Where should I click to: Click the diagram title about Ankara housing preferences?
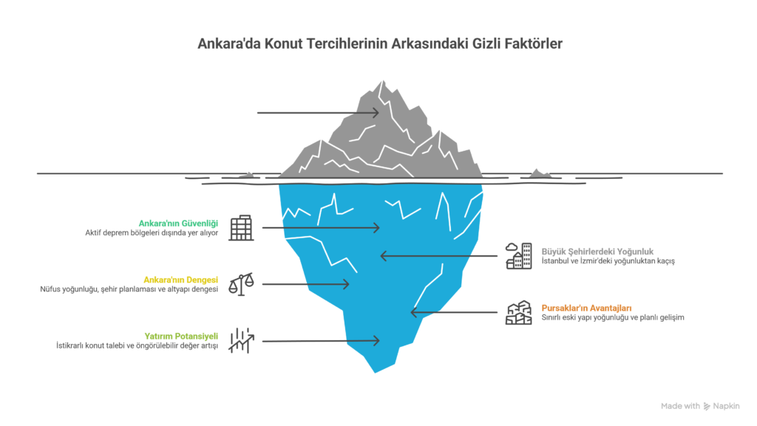(378, 44)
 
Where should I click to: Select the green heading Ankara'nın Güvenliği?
(179, 223)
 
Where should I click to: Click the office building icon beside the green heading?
(241, 228)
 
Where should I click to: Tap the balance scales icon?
(241, 284)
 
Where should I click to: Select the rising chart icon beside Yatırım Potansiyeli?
(241, 340)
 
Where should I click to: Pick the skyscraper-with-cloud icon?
(518, 256)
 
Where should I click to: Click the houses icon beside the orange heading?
(518, 312)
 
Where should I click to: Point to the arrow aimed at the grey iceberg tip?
(317, 113)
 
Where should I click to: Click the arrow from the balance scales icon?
(305, 284)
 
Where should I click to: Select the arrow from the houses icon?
(455, 312)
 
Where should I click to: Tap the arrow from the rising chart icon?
(320, 341)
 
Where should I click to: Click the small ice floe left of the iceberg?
(245, 175)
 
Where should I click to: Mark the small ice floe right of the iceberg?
(539, 174)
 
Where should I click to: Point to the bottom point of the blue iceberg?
(375, 372)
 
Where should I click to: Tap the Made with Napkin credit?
(699, 406)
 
